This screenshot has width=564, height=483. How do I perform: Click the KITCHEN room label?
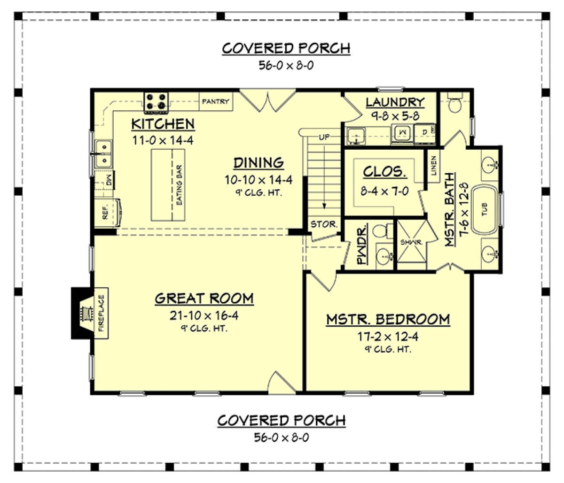tap(163, 124)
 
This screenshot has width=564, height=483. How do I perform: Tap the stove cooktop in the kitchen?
tap(157, 102)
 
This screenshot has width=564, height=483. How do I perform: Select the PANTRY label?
tap(216, 101)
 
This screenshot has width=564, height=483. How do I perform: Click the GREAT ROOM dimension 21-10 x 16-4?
tap(204, 315)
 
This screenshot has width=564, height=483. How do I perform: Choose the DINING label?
tap(258, 163)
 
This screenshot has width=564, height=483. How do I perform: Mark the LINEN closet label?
tap(434, 165)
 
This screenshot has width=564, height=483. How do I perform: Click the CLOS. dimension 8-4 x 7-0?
tap(385, 192)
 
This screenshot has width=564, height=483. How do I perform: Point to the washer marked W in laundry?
tap(402, 133)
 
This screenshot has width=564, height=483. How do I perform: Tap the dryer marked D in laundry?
tap(425, 132)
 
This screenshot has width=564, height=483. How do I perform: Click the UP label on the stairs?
tap(324, 137)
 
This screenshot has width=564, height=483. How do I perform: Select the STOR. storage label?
tap(323, 224)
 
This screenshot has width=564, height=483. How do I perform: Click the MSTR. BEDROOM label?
tap(388, 320)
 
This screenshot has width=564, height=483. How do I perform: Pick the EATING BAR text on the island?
tap(179, 185)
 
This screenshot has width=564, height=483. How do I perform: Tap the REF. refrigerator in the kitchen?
tap(106, 211)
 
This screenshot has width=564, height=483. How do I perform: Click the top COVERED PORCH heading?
tap(286, 48)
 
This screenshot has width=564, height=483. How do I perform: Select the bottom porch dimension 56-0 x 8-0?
tap(282, 437)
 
